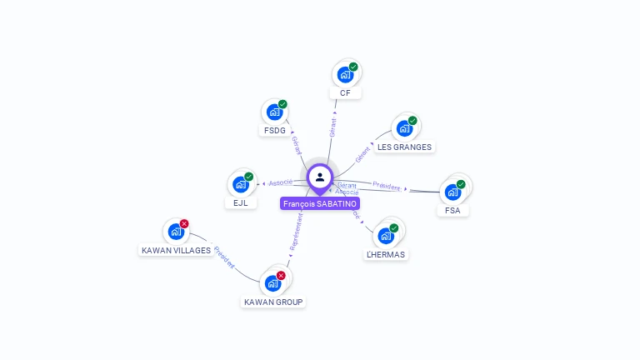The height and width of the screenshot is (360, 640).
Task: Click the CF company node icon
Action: coord(344,75)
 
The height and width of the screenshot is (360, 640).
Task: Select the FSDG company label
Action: coord(275,131)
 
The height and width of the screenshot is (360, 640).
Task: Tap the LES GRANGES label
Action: coord(404,147)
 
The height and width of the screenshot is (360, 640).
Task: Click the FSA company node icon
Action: coord(452,192)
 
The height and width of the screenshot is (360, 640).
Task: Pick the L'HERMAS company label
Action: coord(387,254)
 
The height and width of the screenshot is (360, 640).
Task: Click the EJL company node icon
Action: coord(240,184)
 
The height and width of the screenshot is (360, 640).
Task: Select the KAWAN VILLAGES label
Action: coord(176,250)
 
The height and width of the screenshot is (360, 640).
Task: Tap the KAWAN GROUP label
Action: coord(273,302)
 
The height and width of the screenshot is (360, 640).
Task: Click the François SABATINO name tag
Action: coord(320,203)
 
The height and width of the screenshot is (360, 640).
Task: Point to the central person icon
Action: coord(320,177)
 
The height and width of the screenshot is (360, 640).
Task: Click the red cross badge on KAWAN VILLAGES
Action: coord(184,223)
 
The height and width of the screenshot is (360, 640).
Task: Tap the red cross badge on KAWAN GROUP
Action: coord(281,275)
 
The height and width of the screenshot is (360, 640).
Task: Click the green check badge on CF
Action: coord(353,67)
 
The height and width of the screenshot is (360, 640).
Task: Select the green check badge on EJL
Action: coord(248,176)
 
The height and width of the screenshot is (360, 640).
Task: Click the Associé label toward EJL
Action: coord(280,182)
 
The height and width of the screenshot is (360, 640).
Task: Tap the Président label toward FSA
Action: coord(387,186)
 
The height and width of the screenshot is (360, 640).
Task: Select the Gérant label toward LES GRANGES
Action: coord(362,154)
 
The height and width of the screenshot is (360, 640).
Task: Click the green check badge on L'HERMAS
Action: coord(394,227)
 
